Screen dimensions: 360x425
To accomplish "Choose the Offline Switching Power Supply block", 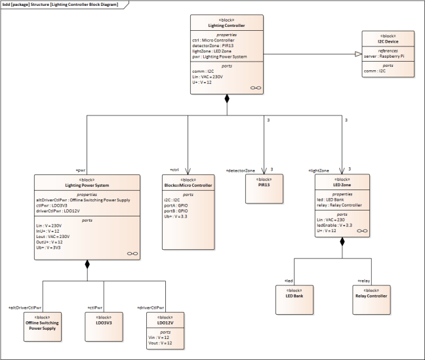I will click(40, 325).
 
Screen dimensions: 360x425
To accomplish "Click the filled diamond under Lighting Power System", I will click(87, 264).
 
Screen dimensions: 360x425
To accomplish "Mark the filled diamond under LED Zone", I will click(342, 242).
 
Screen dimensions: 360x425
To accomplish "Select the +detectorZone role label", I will click(241, 170).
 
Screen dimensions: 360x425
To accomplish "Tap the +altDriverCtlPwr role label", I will click(25, 307).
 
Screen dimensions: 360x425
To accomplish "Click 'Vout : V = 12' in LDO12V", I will click(161, 344).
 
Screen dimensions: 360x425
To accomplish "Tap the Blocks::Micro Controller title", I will click(188, 186).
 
